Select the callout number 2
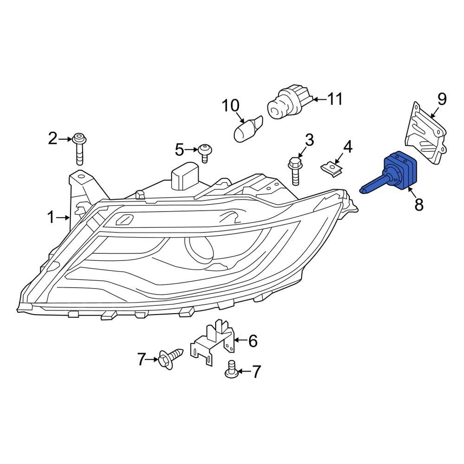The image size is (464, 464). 53,138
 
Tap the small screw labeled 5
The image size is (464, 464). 205,152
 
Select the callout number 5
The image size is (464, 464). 180,149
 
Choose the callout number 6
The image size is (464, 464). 252,341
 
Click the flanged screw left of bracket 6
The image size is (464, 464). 170,358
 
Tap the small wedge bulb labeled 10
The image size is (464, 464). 248,128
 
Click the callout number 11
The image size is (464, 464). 334,99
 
